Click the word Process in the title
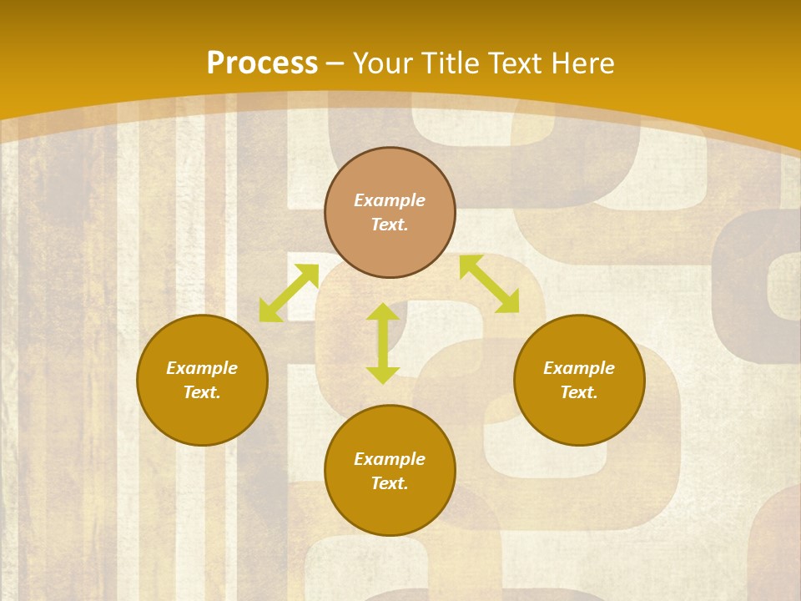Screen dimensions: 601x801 pyautogui.click(x=262, y=63)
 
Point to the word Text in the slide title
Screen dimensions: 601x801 pyautogui.click(x=516, y=63)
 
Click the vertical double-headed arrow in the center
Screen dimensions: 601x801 pyautogui.click(x=383, y=343)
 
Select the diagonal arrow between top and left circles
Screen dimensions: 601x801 pyautogui.click(x=289, y=293)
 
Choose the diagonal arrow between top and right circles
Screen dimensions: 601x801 pyautogui.click(x=490, y=284)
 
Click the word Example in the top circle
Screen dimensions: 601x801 pyautogui.click(x=390, y=200)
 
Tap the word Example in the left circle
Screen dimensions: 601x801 pyautogui.click(x=202, y=368)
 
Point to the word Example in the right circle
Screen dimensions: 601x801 pyautogui.click(x=579, y=368)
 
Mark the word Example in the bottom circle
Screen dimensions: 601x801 pyautogui.click(x=390, y=459)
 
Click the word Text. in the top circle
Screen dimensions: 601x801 pyautogui.click(x=390, y=225)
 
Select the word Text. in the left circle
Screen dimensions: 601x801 pyautogui.click(x=202, y=392)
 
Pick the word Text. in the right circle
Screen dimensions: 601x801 pyautogui.click(x=579, y=392)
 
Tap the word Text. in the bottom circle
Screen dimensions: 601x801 pyautogui.click(x=390, y=483)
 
